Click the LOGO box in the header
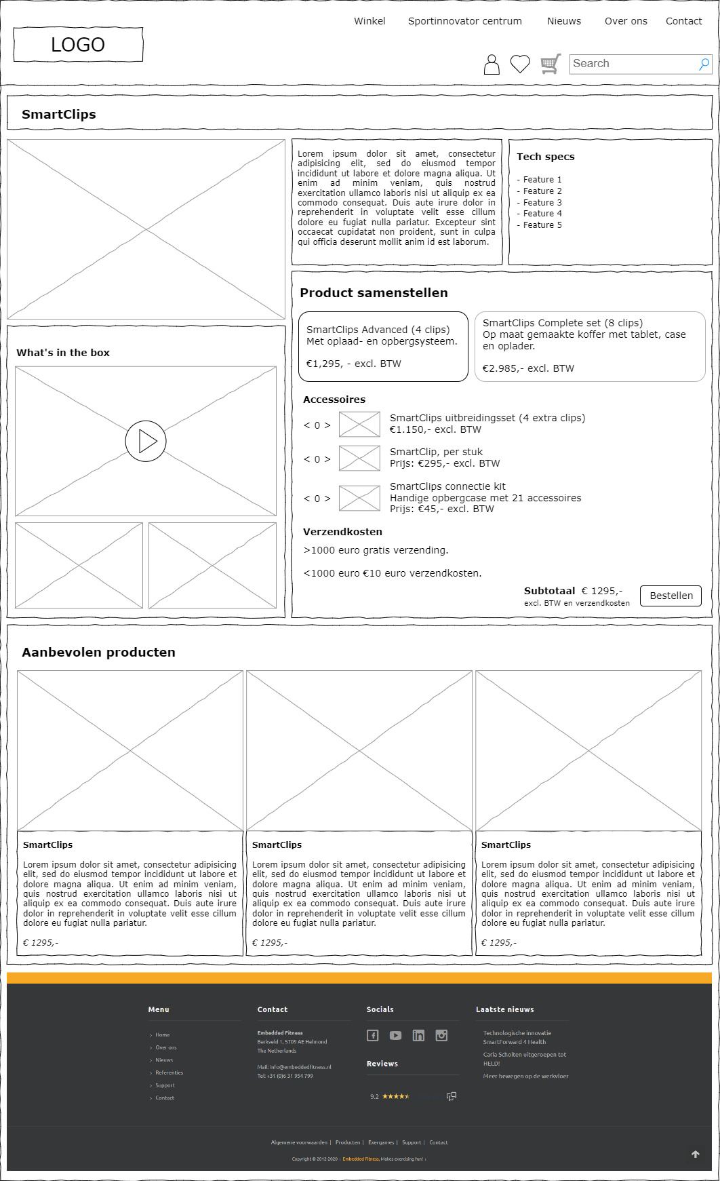tap(78, 45)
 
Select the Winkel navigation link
tap(369, 21)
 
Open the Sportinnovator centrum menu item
tap(465, 21)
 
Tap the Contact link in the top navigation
tap(683, 21)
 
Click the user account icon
tap(492, 64)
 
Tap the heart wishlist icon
tap(520, 64)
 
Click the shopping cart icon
tap(551, 64)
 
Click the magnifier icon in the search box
tap(704, 64)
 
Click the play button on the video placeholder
tap(146, 441)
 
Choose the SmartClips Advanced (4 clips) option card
tap(383, 347)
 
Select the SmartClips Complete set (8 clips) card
tap(590, 347)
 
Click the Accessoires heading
tap(334, 400)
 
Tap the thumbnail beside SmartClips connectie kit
tap(359, 498)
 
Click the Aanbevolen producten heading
tap(98, 653)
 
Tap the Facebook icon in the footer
tap(373, 1035)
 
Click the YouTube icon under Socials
tap(395, 1035)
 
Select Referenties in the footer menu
tap(169, 1072)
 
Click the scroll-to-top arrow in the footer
tap(695, 1154)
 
